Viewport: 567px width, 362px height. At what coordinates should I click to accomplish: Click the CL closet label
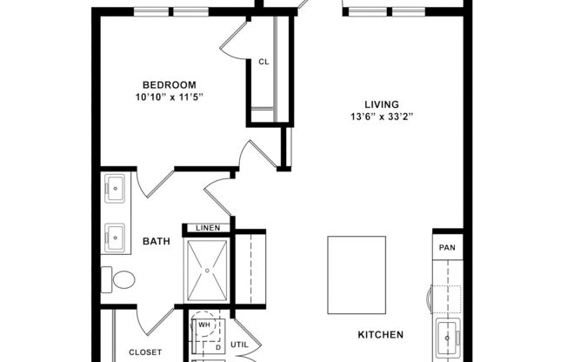[263, 62]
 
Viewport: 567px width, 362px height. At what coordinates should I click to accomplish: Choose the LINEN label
[208, 228]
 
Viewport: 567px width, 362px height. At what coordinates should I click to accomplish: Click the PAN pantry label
[447, 246]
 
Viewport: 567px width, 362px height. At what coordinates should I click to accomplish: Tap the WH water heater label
[204, 325]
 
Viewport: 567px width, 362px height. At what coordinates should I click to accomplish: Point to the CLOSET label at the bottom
[145, 352]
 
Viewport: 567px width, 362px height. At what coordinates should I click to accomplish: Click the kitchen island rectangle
[357, 275]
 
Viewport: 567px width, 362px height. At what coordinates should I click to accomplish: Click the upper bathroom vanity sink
[114, 186]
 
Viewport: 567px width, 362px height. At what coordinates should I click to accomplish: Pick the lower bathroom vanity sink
[114, 234]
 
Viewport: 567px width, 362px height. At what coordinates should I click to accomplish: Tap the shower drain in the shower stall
[208, 271]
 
